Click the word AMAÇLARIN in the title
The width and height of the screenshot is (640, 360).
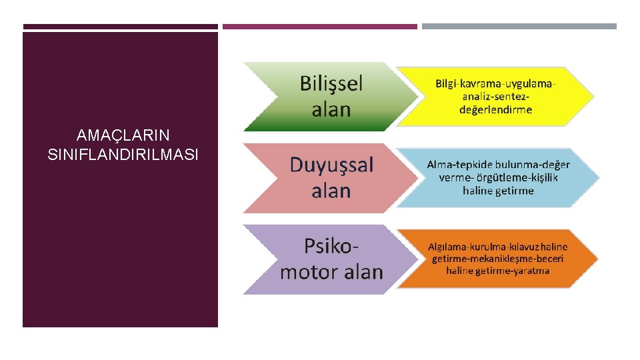pyautogui.click(x=123, y=136)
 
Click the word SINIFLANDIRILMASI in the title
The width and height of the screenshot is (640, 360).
pyautogui.click(x=123, y=155)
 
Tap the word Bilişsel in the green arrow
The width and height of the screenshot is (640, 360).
pyautogui.click(x=331, y=83)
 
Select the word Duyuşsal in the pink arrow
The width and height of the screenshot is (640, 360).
pyautogui.click(x=331, y=165)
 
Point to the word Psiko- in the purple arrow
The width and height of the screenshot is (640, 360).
pyautogui.click(x=331, y=246)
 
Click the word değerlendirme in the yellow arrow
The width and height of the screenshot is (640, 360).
pyautogui.click(x=496, y=109)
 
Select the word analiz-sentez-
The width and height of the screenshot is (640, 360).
pyautogui.click(x=496, y=97)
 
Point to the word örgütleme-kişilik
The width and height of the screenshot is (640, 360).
pyautogui.click(x=516, y=177)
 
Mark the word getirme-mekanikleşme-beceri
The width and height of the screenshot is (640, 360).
pyautogui.click(x=498, y=258)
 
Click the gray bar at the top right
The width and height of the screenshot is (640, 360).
pyautogui.click(x=519, y=27)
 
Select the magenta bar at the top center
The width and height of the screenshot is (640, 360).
pyautogui.click(x=320, y=27)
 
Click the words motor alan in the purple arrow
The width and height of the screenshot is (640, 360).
pyautogui.click(x=331, y=272)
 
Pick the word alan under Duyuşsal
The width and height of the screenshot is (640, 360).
pyautogui.click(x=331, y=191)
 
